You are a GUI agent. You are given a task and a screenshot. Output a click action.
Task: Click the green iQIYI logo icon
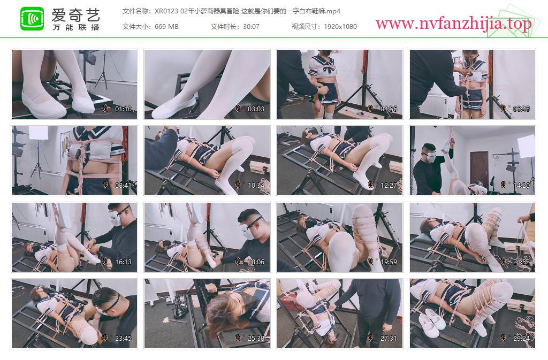tap(32, 19)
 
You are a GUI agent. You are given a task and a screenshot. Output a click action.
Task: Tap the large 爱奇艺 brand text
tap(76, 14)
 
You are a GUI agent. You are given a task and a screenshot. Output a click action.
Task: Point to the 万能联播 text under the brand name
tap(76, 27)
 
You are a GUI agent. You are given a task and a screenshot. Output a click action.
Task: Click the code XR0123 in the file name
tap(166, 11)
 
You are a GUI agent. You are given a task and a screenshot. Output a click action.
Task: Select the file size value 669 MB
tap(166, 27)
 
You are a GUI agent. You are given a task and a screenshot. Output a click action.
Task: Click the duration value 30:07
tap(251, 27)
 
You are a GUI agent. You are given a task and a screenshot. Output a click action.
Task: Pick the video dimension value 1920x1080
tap(340, 27)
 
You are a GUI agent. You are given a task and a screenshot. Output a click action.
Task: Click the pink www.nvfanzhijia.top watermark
tap(453, 24)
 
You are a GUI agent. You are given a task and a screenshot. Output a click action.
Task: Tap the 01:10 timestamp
tap(124, 109)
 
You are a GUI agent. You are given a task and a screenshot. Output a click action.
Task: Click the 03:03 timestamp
tap(256, 109)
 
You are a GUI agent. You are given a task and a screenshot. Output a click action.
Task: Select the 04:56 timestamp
tap(389, 109)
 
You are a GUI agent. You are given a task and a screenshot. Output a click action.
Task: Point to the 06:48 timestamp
tap(521, 109)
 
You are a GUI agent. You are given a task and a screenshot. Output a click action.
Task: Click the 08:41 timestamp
tap(124, 186)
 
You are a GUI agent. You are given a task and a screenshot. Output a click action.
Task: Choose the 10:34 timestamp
tap(256, 186)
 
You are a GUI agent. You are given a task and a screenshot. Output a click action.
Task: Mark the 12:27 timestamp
tap(389, 186)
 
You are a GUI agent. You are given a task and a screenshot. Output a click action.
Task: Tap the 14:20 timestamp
tap(521, 186)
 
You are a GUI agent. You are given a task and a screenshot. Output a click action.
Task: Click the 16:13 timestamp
tap(124, 262)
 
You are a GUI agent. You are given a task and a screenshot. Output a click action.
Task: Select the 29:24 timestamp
tap(521, 339)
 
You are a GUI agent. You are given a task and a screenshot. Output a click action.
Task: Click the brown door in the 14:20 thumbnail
tap(479, 167)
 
